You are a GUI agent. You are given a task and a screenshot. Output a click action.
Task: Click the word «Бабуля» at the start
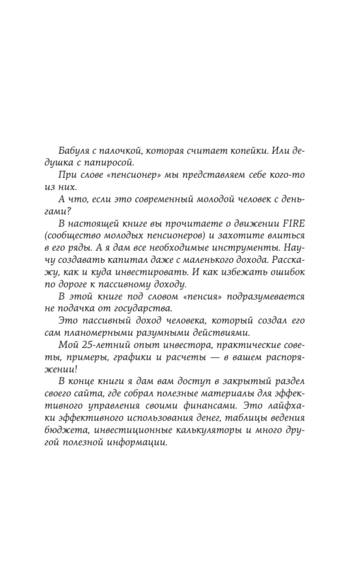pyautogui.click(x=74, y=150)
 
